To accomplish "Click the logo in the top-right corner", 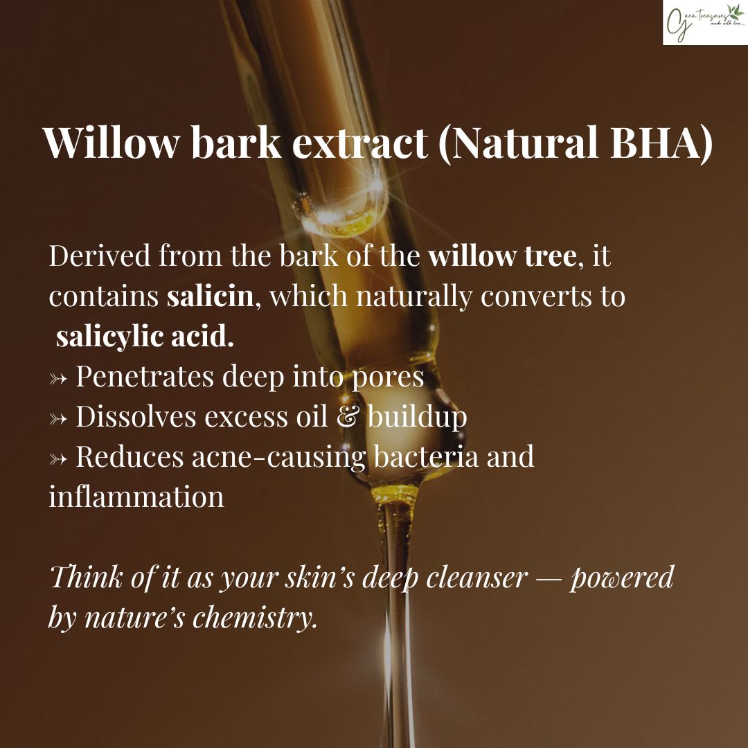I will pos(704,22).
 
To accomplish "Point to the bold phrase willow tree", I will pos(502,257).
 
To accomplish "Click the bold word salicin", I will pos(210,296).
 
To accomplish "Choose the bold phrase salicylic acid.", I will pos(145,337).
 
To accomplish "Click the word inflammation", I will pos(136,497).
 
